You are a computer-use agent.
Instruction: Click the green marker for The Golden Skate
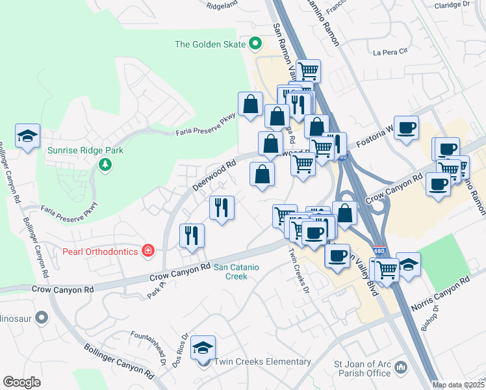coord(255,44)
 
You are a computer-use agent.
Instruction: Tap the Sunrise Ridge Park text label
coord(85,149)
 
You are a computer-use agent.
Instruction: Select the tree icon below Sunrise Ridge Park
coord(105,164)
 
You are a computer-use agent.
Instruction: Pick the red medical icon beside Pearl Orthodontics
coord(148,251)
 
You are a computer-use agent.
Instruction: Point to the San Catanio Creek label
coord(231,272)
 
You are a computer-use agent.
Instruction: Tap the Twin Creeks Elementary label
coord(262,361)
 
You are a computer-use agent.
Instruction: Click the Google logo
coord(22,382)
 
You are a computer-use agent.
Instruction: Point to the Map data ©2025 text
coord(459,385)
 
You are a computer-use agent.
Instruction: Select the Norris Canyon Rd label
coord(440,294)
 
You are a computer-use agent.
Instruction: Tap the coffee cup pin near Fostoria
coord(406,127)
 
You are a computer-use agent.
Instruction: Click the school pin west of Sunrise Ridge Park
coord(28,135)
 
